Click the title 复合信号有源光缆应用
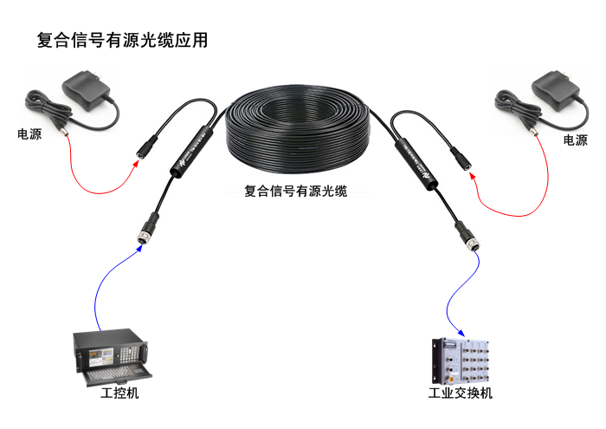[x=122, y=40]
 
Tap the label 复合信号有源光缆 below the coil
[x=295, y=191]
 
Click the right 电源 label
[x=574, y=140]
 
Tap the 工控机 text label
[x=119, y=394]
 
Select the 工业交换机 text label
[x=460, y=394]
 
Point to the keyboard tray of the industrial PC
[x=116, y=374]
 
